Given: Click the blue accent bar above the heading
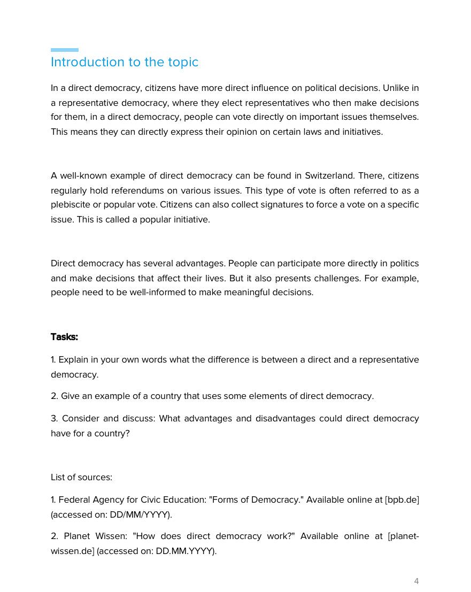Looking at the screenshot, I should click(x=64, y=50).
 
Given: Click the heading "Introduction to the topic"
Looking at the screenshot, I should click(x=125, y=62).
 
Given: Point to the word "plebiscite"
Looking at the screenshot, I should click(x=70, y=205).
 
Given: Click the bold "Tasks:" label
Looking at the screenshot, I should click(x=64, y=337).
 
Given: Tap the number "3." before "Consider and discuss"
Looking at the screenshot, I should click(x=54, y=418).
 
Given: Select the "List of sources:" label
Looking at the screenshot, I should click(x=81, y=477).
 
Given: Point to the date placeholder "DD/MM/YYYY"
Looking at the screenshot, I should click(x=140, y=514).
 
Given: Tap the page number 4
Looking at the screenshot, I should click(x=416, y=581).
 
